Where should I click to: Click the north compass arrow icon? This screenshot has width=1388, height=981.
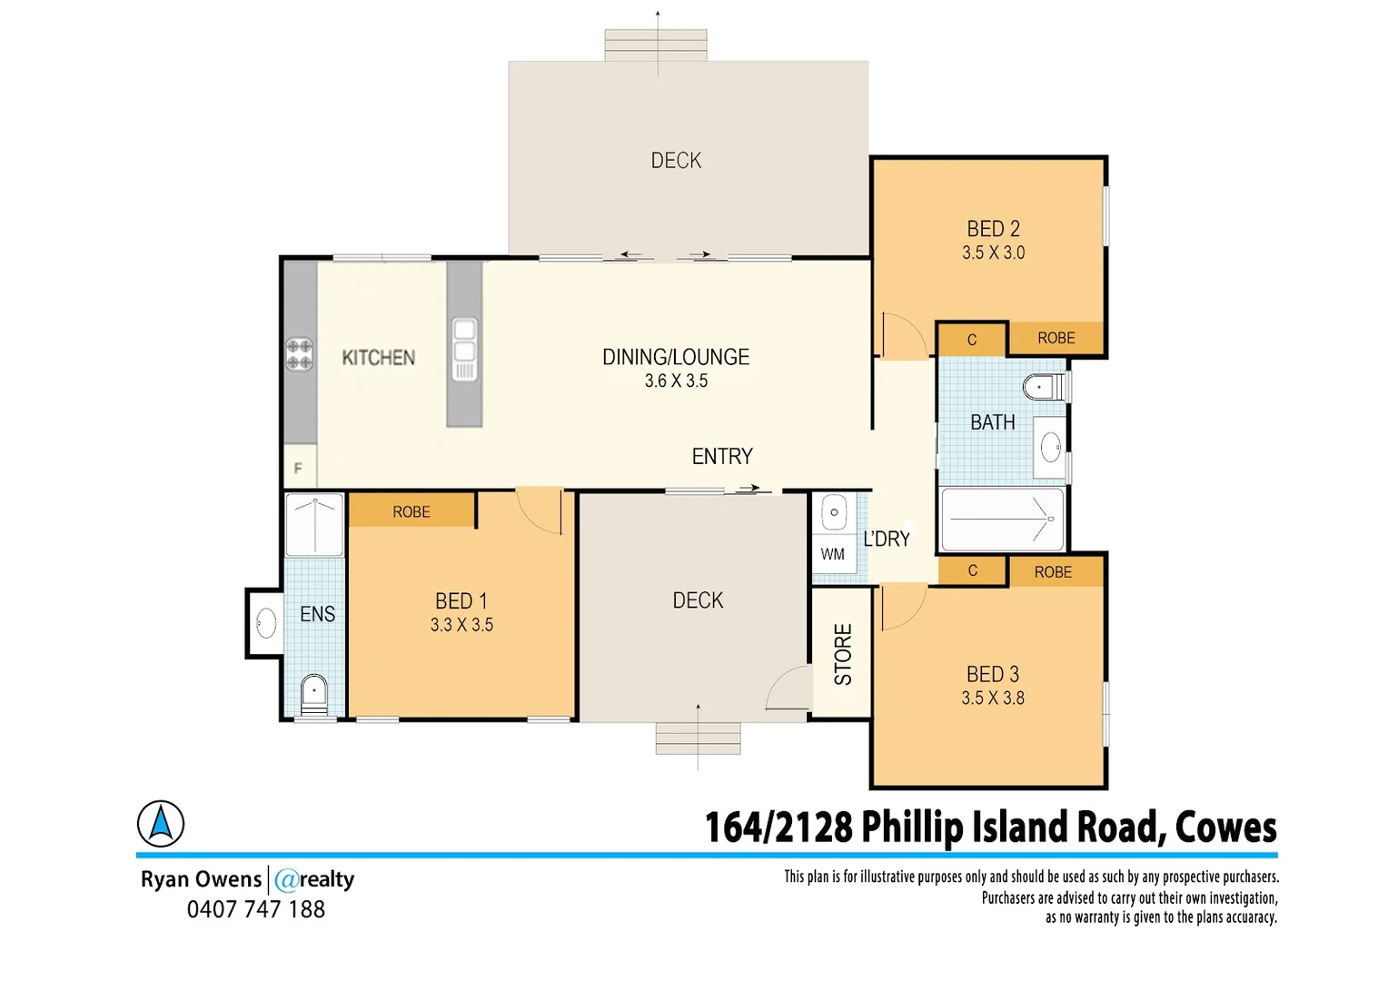tap(161, 824)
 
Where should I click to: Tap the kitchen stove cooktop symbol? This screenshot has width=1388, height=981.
tap(299, 354)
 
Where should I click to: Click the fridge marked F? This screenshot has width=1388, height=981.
tap(299, 468)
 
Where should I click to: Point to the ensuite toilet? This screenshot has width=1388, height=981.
tap(313, 692)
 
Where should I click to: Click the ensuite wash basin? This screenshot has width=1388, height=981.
tap(266, 623)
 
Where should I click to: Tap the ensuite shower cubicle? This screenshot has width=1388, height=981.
tap(314, 524)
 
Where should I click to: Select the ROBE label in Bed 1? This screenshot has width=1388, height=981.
tap(411, 511)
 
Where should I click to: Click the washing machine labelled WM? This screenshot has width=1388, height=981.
tap(833, 554)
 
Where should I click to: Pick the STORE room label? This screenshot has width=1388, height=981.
tap(843, 654)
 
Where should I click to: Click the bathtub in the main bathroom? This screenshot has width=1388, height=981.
tap(1002, 520)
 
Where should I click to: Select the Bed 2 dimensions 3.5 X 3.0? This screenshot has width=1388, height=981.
tap(993, 253)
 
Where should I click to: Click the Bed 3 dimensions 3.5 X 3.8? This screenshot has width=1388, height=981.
tap(993, 699)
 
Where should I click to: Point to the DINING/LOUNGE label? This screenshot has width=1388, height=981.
tap(676, 357)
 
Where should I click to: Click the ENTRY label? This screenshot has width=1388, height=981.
tap(722, 456)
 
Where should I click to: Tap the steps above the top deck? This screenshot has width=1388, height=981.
tap(656, 45)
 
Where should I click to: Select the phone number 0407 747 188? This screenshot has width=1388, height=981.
tap(256, 909)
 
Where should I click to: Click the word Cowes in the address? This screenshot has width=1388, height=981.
tap(1225, 827)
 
